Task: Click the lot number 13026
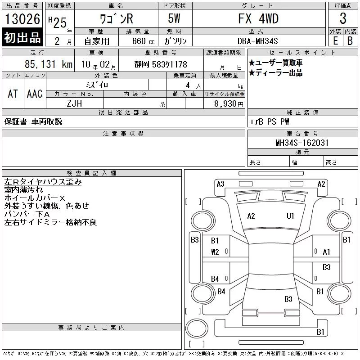(x=22, y=18)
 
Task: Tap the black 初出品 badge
(x=22, y=37)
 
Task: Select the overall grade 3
(x=343, y=18)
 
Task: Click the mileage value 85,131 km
(x=49, y=64)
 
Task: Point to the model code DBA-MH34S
(x=257, y=41)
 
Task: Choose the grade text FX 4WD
(x=258, y=18)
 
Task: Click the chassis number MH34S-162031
(x=302, y=143)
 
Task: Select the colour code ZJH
(x=74, y=103)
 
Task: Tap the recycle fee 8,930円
(x=229, y=104)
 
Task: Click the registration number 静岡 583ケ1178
(x=161, y=64)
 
